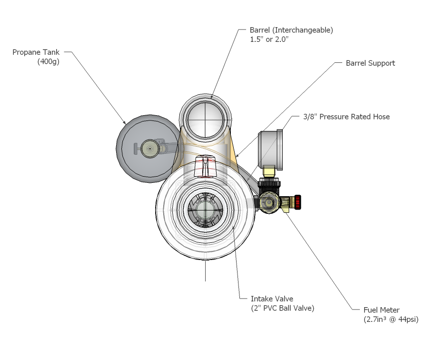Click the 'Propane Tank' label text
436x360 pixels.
pyautogui.click(x=37, y=52)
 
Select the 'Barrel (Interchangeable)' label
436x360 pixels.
pyautogui.click(x=291, y=30)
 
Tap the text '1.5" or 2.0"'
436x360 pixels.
pyautogui.click(x=269, y=40)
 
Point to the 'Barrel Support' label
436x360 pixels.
pyautogui.click(x=370, y=63)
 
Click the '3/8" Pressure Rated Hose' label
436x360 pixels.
pyautogui.click(x=347, y=117)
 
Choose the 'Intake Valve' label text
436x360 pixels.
pyautogui.click(x=272, y=299)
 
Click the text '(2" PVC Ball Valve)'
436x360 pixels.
pyautogui.click(x=283, y=308)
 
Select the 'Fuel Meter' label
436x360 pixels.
pyautogui.click(x=381, y=310)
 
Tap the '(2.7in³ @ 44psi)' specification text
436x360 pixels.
pyautogui.click(x=391, y=320)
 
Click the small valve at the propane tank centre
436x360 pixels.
pyautogui.click(x=150, y=149)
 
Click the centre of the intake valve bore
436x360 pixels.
pyautogui.click(x=205, y=211)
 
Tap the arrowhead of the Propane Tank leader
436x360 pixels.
pyautogui.click(x=125, y=125)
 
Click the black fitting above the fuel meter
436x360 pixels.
pyautogui.click(x=269, y=184)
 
